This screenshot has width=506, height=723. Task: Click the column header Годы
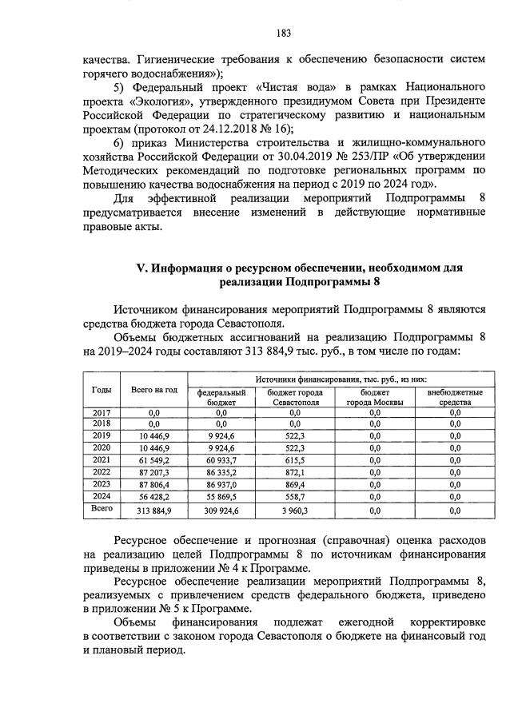click(x=102, y=388)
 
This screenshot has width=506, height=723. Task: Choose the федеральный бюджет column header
click(x=221, y=398)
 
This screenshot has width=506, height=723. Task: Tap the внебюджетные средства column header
click(x=454, y=398)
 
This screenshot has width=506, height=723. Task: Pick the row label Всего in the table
click(x=102, y=508)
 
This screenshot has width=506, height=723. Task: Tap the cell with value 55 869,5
click(x=221, y=495)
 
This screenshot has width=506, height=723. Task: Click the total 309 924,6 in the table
click(x=221, y=509)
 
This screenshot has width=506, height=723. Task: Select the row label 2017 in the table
click(x=102, y=411)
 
